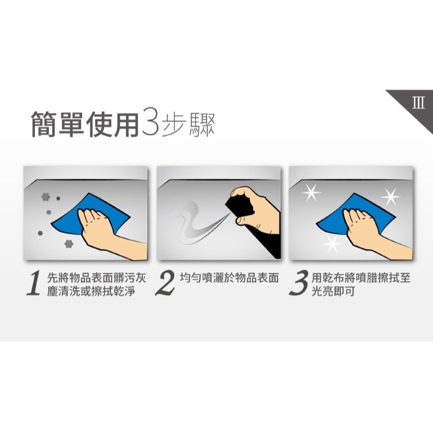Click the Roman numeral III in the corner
pyautogui.click(x=418, y=103)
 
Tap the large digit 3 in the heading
pyautogui.click(x=151, y=124)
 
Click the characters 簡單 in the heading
pyautogui.click(x=57, y=124)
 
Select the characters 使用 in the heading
pyautogui.click(x=112, y=124)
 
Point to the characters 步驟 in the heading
pyautogui.click(x=188, y=125)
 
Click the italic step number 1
pyautogui.click(x=34, y=283)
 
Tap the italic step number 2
pyautogui.click(x=165, y=283)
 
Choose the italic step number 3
pyautogui.click(x=298, y=283)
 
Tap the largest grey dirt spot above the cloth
pyautogui.click(x=46, y=197)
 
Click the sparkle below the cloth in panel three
pyautogui.click(x=332, y=244)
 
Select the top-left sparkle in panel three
pyautogui.click(x=311, y=192)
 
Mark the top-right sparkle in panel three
pyautogui.click(x=391, y=197)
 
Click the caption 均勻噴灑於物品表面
pyautogui.click(x=229, y=278)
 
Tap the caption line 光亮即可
pyautogui.click(x=333, y=291)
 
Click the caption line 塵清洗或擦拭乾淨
pyautogui.click(x=91, y=291)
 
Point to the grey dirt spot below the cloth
pyautogui.click(x=69, y=244)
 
